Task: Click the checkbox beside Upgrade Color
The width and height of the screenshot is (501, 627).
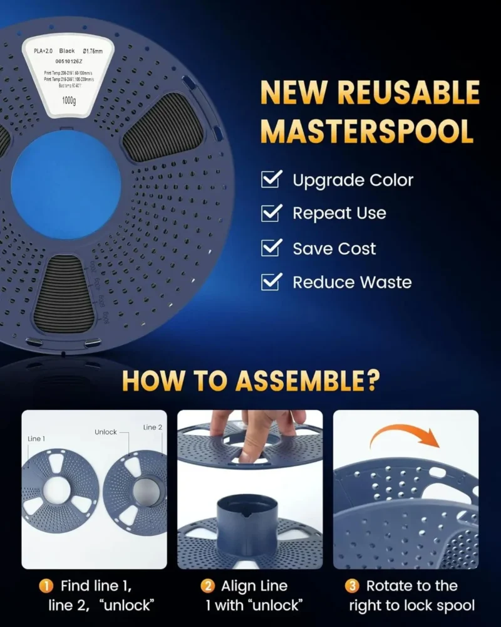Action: tap(271, 180)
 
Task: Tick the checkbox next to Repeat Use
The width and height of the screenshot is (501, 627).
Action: tap(271, 213)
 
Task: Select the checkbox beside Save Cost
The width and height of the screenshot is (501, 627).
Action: tap(271, 248)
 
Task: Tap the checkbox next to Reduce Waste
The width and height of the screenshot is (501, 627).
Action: tap(271, 282)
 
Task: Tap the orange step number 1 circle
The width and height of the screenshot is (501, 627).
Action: tap(46, 587)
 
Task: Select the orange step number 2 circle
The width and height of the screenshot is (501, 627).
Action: tap(207, 587)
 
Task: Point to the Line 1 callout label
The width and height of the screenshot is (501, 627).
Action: tap(36, 439)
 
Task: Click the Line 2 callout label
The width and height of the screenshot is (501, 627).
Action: tap(153, 428)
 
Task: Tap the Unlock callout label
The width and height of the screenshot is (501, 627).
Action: tap(106, 432)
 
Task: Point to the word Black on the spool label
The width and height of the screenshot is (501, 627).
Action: tap(67, 51)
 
